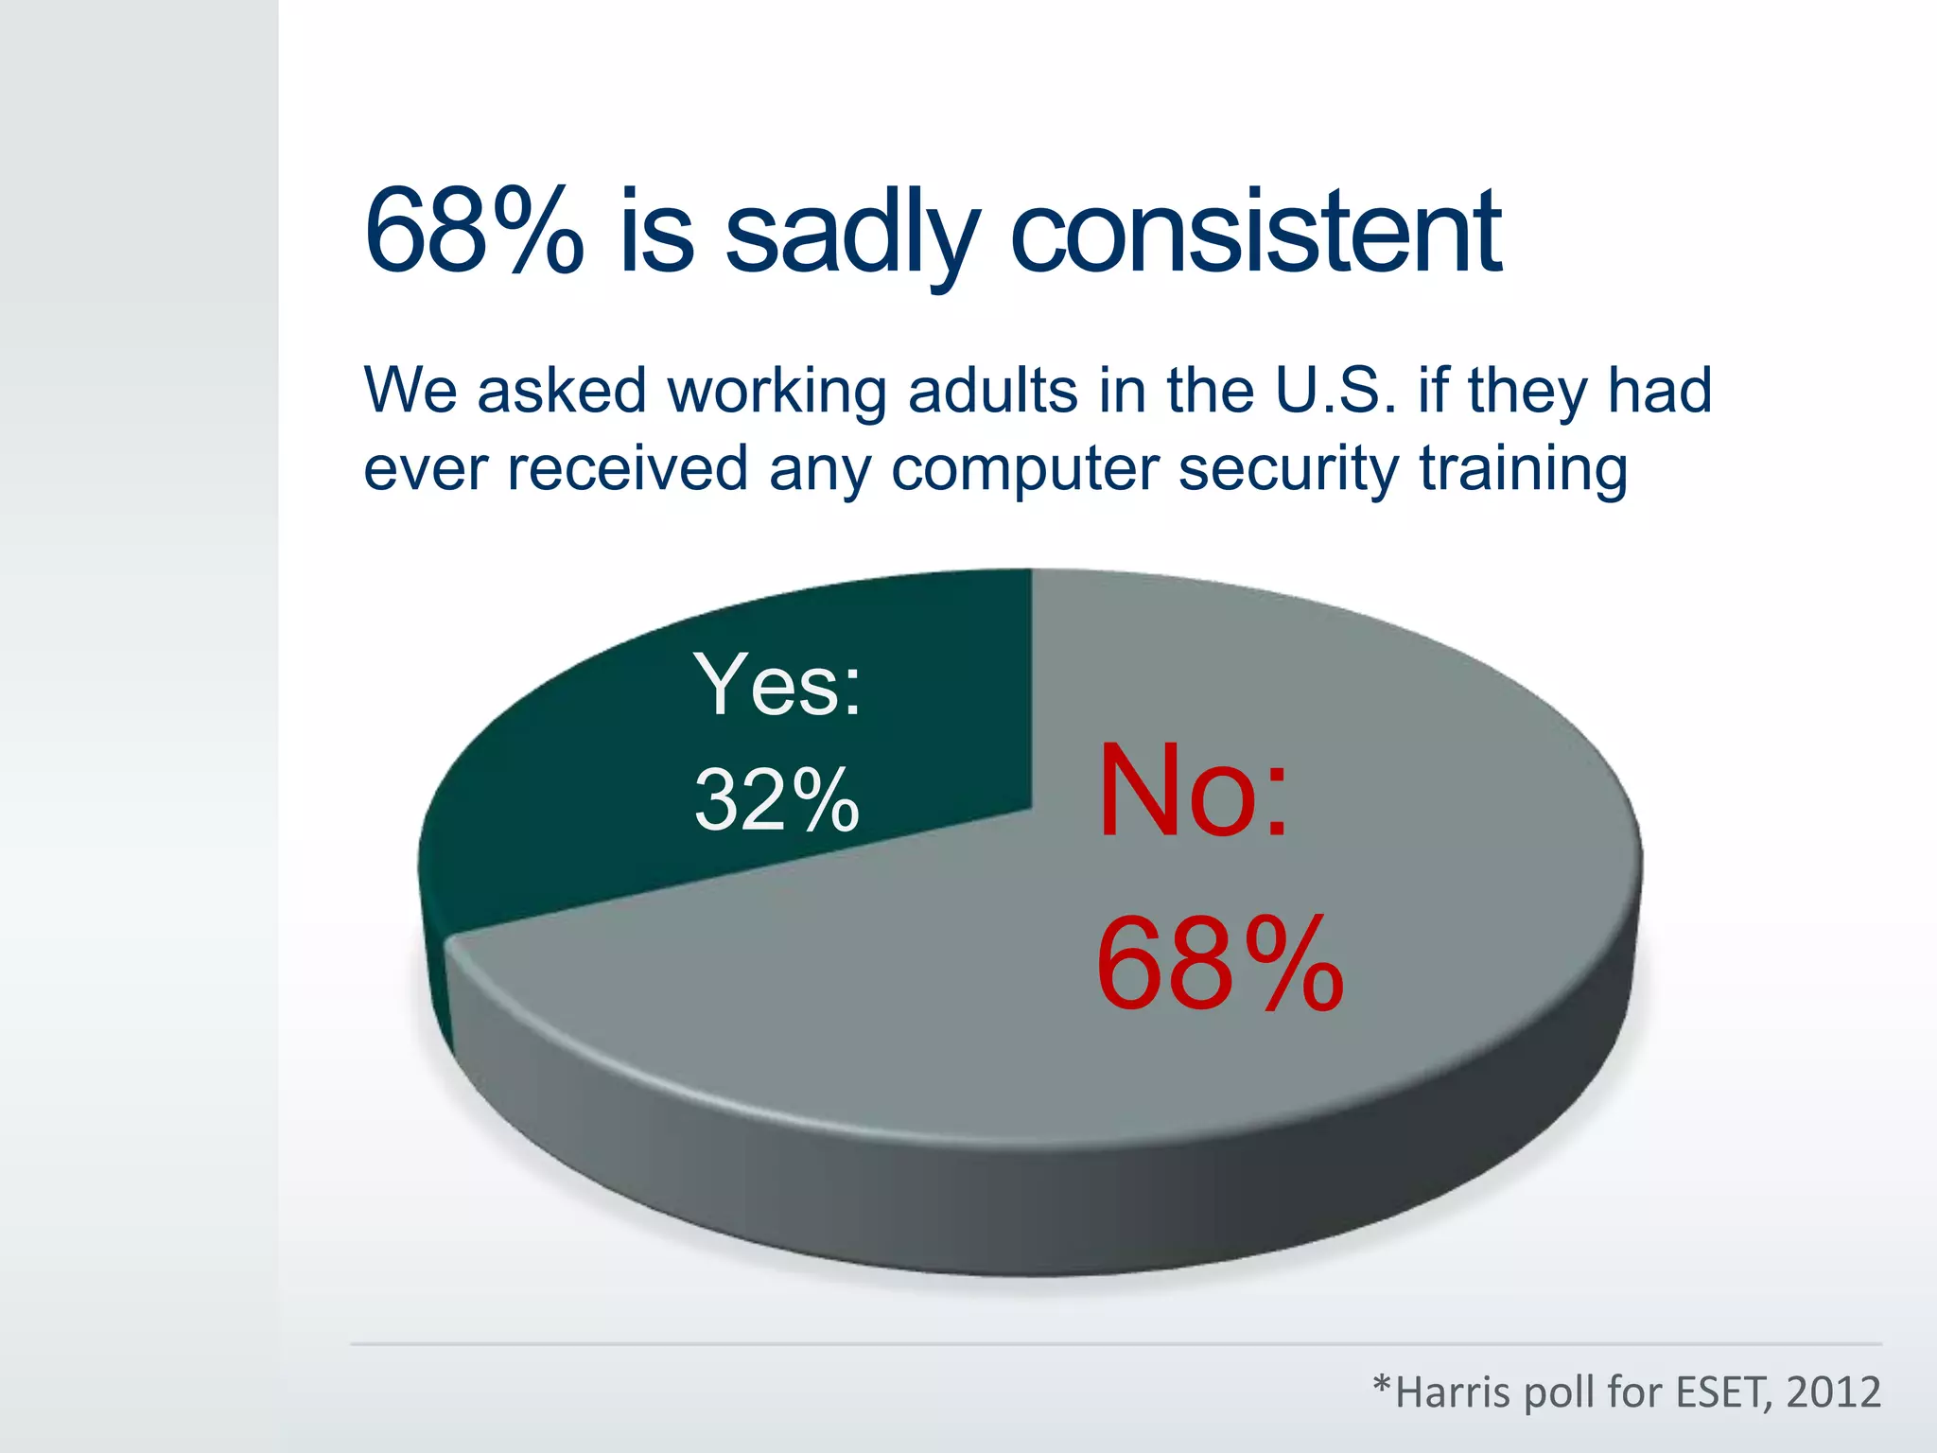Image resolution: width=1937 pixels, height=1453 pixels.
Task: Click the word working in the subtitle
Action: (x=777, y=390)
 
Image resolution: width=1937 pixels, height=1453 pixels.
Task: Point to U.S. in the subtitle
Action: (x=1335, y=390)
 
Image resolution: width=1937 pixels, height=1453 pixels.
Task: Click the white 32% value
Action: (x=777, y=800)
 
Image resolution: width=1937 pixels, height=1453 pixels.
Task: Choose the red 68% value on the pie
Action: (x=1219, y=965)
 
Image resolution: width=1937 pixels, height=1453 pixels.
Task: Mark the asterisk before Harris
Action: (x=1383, y=1385)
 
